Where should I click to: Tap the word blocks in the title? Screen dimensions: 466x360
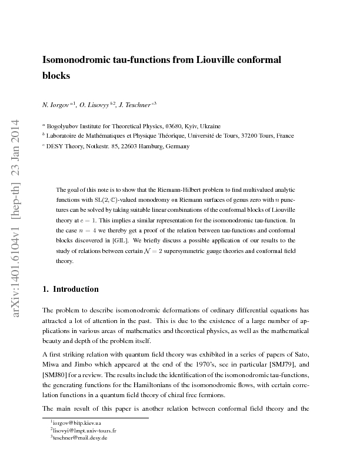(56, 75)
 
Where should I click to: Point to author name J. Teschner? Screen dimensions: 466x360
(138, 104)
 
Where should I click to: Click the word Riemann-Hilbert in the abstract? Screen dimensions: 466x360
(182, 190)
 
